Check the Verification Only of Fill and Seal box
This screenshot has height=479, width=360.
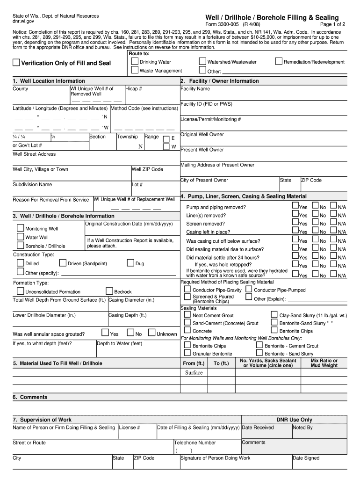click(x=16, y=63)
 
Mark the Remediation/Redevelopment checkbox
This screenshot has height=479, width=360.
click(x=279, y=61)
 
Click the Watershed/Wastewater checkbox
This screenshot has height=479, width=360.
click(x=202, y=61)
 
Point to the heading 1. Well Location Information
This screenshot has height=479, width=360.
click(x=49, y=81)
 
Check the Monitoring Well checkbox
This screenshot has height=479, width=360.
click(x=21, y=228)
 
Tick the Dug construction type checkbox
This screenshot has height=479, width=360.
click(x=130, y=263)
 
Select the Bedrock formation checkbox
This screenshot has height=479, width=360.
click(x=109, y=291)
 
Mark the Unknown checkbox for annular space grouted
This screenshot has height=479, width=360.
click(x=152, y=333)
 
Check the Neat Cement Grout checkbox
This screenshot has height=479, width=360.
click(x=187, y=315)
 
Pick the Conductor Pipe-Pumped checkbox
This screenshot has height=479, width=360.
click(x=249, y=290)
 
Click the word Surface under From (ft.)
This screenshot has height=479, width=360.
click(x=194, y=373)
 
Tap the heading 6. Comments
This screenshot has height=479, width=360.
click(x=30, y=397)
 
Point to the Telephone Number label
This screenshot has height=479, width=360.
click(x=195, y=443)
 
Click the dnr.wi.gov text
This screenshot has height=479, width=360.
click(x=24, y=22)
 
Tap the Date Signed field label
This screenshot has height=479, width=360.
click(x=306, y=458)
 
